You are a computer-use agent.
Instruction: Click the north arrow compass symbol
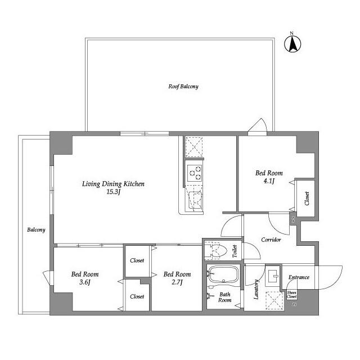[293, 44]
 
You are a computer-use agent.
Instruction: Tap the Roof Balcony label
[183, 87]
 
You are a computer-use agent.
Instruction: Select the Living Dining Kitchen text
[114, 184]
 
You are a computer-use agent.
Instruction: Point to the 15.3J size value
[114, 192]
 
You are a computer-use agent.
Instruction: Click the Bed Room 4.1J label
[269, 177]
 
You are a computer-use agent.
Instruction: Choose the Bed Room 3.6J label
[85, 278]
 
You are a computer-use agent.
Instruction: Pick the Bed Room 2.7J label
[177, 278]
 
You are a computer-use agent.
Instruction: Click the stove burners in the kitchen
[195, 172]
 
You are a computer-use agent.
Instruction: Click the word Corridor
[271, 240]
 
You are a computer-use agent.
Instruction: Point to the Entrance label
[299, 277]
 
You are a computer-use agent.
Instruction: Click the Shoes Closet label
[292, 294]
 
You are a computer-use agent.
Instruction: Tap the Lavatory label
[256, 290]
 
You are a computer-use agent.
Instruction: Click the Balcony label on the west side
[36, 230]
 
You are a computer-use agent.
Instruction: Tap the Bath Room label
[225, 297]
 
